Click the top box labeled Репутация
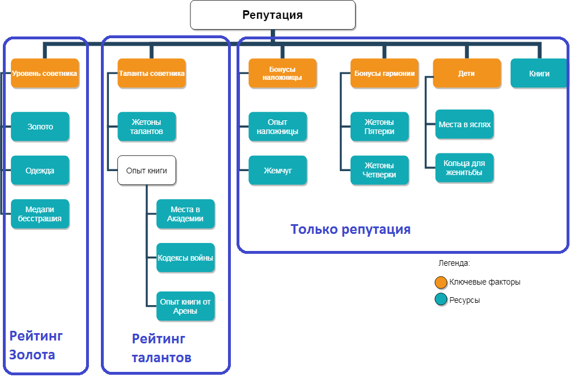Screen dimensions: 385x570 pos(272,15)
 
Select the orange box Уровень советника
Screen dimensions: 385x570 pos(44,73)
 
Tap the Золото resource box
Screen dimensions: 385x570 pos(40,127)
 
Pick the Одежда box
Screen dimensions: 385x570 pos(40,171)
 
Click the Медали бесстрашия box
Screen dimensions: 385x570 pos(40,214)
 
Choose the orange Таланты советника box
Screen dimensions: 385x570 pos(152,73)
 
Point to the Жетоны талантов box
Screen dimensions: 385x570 pos(146,127)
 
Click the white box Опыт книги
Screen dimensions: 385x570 pos(146,171)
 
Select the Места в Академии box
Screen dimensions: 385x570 pos(185,214)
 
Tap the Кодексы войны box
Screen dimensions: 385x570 pos(185,258)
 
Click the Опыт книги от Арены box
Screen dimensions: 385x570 pos(185,306)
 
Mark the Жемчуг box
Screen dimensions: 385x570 pos(278,171)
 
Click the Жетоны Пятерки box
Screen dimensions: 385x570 pos(380,127)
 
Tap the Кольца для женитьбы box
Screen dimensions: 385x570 pos(464,168)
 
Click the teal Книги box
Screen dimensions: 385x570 pos(539,73)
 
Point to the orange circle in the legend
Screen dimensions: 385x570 pos(441,282)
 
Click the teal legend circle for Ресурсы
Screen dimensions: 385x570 pos(441,300)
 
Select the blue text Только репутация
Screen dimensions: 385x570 pos(351,230)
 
